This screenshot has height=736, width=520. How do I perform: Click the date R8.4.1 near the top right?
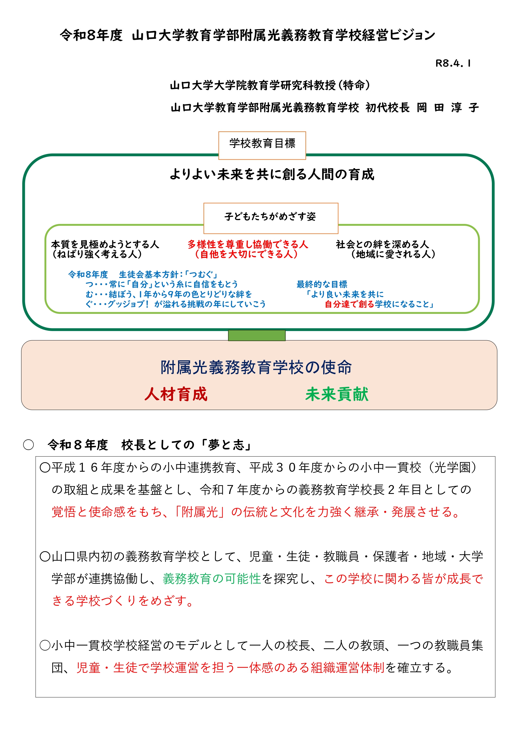coord(453,63)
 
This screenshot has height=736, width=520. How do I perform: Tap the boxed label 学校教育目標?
coord(262,143)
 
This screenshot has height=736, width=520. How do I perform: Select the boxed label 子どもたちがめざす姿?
coord(270,217)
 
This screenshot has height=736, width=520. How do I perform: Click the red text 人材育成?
coord(176,394)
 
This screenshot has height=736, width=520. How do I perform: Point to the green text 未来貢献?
coord(337,394)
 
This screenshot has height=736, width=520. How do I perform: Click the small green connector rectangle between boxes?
coord(257,335)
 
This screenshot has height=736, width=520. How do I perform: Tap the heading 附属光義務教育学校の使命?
coord(256,367)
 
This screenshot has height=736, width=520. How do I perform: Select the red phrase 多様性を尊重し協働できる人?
coord(247,244)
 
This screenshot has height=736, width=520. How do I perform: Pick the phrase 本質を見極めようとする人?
coord(105,244)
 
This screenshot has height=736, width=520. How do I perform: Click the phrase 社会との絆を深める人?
coord(382,244)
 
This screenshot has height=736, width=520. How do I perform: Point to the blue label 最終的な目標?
coord(322,284)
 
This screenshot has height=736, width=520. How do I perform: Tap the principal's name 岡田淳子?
coord(447,108)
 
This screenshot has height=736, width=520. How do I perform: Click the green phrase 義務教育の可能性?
coord(212,578)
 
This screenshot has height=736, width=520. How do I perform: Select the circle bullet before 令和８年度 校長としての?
coord(28,445)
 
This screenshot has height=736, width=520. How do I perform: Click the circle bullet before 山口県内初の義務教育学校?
coord(45,557)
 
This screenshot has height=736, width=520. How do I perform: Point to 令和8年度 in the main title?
coord(91,35)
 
